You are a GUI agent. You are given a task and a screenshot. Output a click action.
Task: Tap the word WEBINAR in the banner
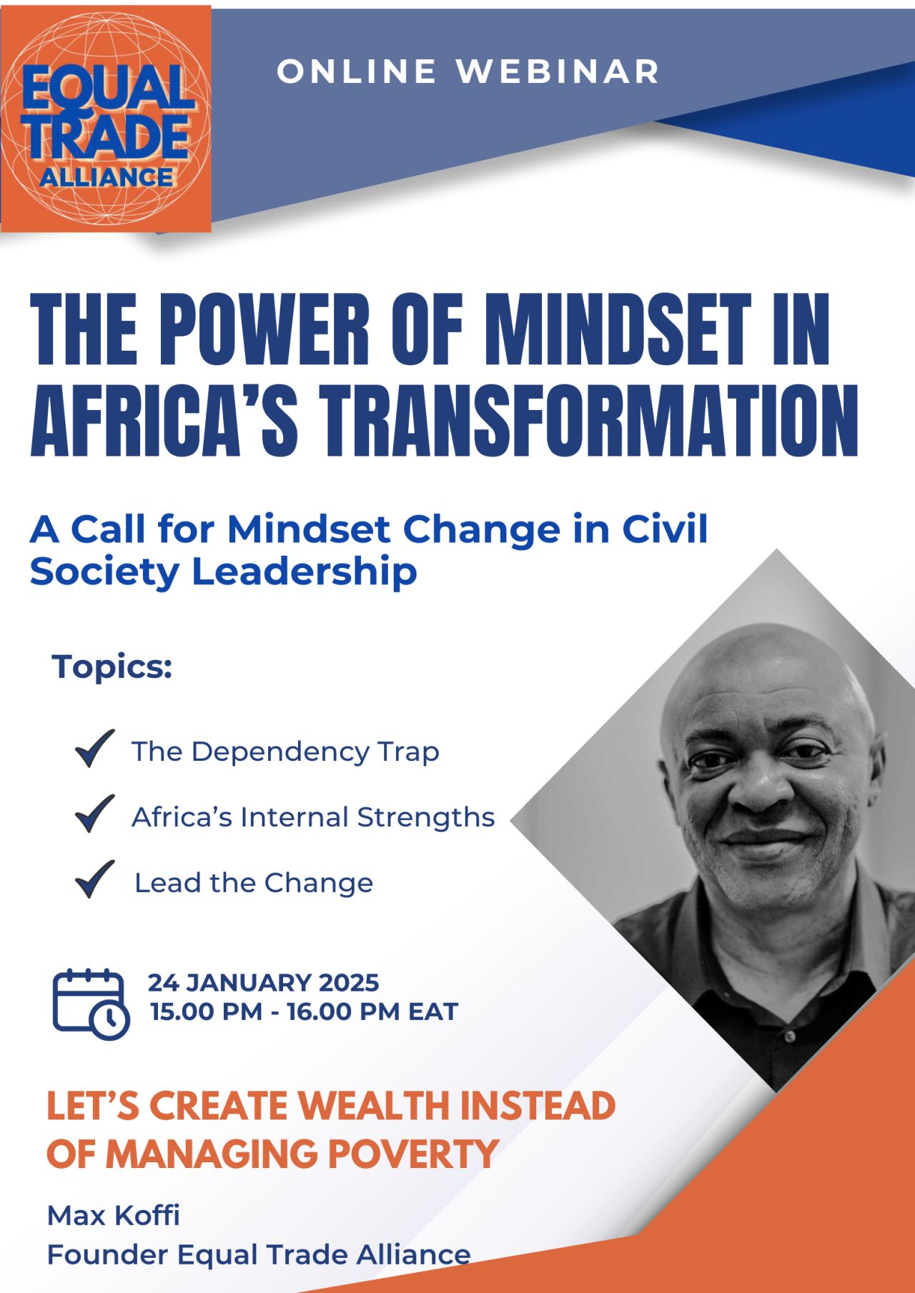[558, 71]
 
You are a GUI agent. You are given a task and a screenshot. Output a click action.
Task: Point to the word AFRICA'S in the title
[164, 420]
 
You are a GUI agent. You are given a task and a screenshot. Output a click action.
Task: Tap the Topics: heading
[112, 668]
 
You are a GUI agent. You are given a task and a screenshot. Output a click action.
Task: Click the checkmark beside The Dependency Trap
[94, 749]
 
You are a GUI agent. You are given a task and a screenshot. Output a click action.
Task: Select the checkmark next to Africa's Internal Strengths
[94, 814]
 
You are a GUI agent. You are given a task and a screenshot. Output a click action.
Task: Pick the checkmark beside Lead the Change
[94, 879]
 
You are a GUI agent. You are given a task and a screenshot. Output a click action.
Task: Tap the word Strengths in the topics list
[426, 817]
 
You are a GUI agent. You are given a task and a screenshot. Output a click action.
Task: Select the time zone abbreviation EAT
[433, 1012]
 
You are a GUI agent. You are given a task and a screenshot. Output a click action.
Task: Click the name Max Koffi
[114, 1215]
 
